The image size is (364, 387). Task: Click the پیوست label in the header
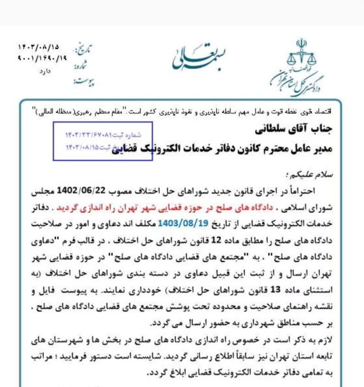coord(83,82)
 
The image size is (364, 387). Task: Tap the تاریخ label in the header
coord(84,49)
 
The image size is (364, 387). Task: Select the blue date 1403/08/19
coord(178,222)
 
